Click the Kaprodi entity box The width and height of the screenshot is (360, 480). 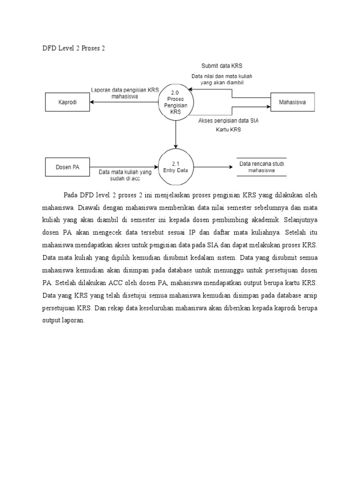[x=67, y=102]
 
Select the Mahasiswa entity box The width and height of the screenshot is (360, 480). [x=293, y=102]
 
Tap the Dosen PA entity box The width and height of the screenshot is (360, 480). [x=67, y=167]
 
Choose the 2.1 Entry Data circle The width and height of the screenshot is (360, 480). [x=175, y=167]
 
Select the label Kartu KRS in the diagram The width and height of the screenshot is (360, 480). [x=228, y=130]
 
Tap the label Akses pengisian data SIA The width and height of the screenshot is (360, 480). [x=228, y=121]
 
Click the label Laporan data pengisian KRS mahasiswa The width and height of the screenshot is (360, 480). [x=125, y=93]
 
